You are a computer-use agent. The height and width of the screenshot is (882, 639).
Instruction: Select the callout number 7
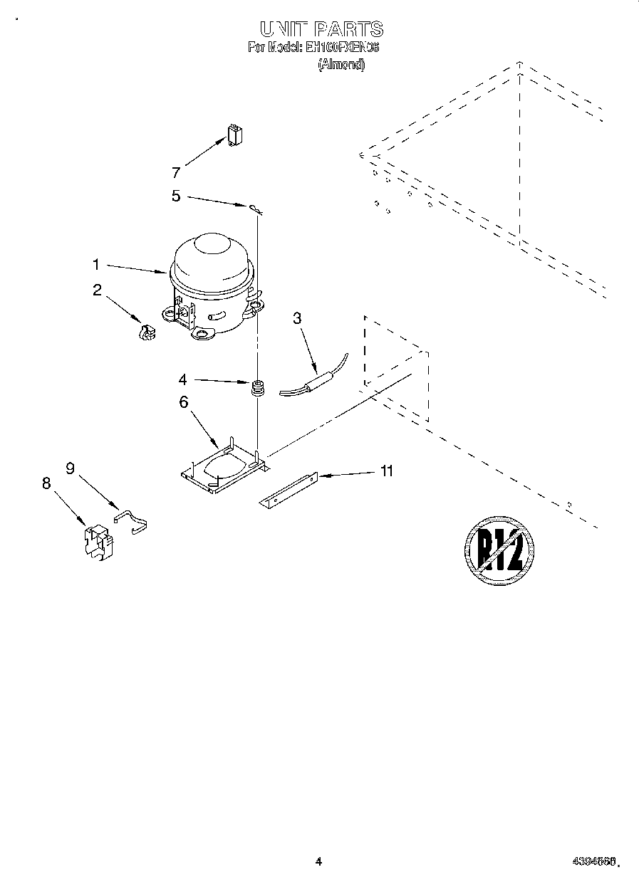click(176, 172)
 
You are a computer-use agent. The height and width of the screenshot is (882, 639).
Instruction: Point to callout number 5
click(176, 196)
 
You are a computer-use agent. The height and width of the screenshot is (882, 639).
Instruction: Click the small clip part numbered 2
click(146, 332)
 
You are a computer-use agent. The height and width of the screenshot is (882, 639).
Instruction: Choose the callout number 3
click(297, 318)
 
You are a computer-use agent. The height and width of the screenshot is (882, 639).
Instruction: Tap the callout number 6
click(183, 402)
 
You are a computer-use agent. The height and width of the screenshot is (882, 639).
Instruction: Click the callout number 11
click(386, 471)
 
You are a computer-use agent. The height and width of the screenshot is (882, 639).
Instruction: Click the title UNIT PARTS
click(321, 29)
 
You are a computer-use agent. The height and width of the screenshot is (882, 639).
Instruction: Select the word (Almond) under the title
click(341, 64)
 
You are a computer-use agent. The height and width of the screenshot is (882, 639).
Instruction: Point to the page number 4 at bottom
click(319, 861)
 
